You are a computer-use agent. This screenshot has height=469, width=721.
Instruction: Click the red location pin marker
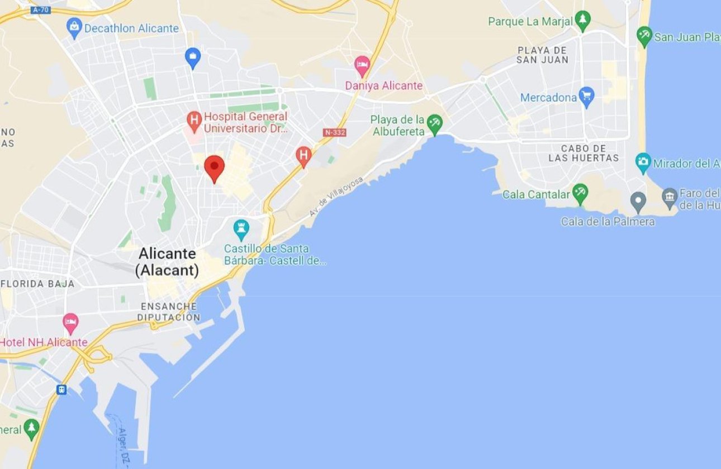point(214,167)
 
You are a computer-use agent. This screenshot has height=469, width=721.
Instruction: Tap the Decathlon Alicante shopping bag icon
point(74,27)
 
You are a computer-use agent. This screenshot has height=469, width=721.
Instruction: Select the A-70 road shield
point(41,10)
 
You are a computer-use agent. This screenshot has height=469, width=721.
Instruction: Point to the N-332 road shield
point(334,132)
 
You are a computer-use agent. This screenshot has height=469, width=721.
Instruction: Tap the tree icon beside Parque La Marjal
point(582,21)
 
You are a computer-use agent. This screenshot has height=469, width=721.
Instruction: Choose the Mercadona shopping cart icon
point(586,97)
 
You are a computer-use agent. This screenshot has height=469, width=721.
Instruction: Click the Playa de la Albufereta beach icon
point(434,124)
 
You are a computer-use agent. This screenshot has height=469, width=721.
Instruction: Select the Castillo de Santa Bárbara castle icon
point(241,229)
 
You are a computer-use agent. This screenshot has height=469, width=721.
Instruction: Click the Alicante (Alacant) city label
point(168,262)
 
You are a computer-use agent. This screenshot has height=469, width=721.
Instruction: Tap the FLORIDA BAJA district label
point(37,284)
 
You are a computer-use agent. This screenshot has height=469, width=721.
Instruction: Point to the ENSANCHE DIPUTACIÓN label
point(168,312)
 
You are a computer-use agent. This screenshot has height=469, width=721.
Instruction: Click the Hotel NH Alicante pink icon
point(70,323)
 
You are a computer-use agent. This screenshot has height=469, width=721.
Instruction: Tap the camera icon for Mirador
point(643,162)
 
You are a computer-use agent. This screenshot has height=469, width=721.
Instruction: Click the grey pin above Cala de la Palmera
point(638,201)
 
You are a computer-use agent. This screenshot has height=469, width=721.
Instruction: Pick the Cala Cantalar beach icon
point(580,194)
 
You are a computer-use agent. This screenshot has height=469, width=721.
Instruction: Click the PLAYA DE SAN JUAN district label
point(542,55)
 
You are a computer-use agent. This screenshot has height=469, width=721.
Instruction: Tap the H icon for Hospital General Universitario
point(194,120)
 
